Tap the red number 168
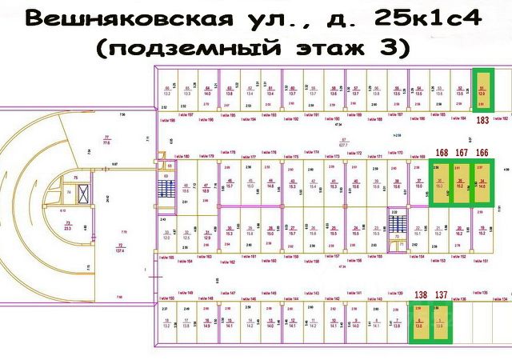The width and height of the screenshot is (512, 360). point(442,152)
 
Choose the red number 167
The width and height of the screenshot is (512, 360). point(462,152)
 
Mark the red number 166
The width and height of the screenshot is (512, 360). point(482,152)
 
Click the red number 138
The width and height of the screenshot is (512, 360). point(421,295)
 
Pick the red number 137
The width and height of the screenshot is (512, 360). point(441,295)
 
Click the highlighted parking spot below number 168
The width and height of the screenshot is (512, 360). point(441,183)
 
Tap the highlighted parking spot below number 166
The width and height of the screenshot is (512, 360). point(482,183)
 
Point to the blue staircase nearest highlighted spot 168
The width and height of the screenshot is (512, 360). point(394,220)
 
